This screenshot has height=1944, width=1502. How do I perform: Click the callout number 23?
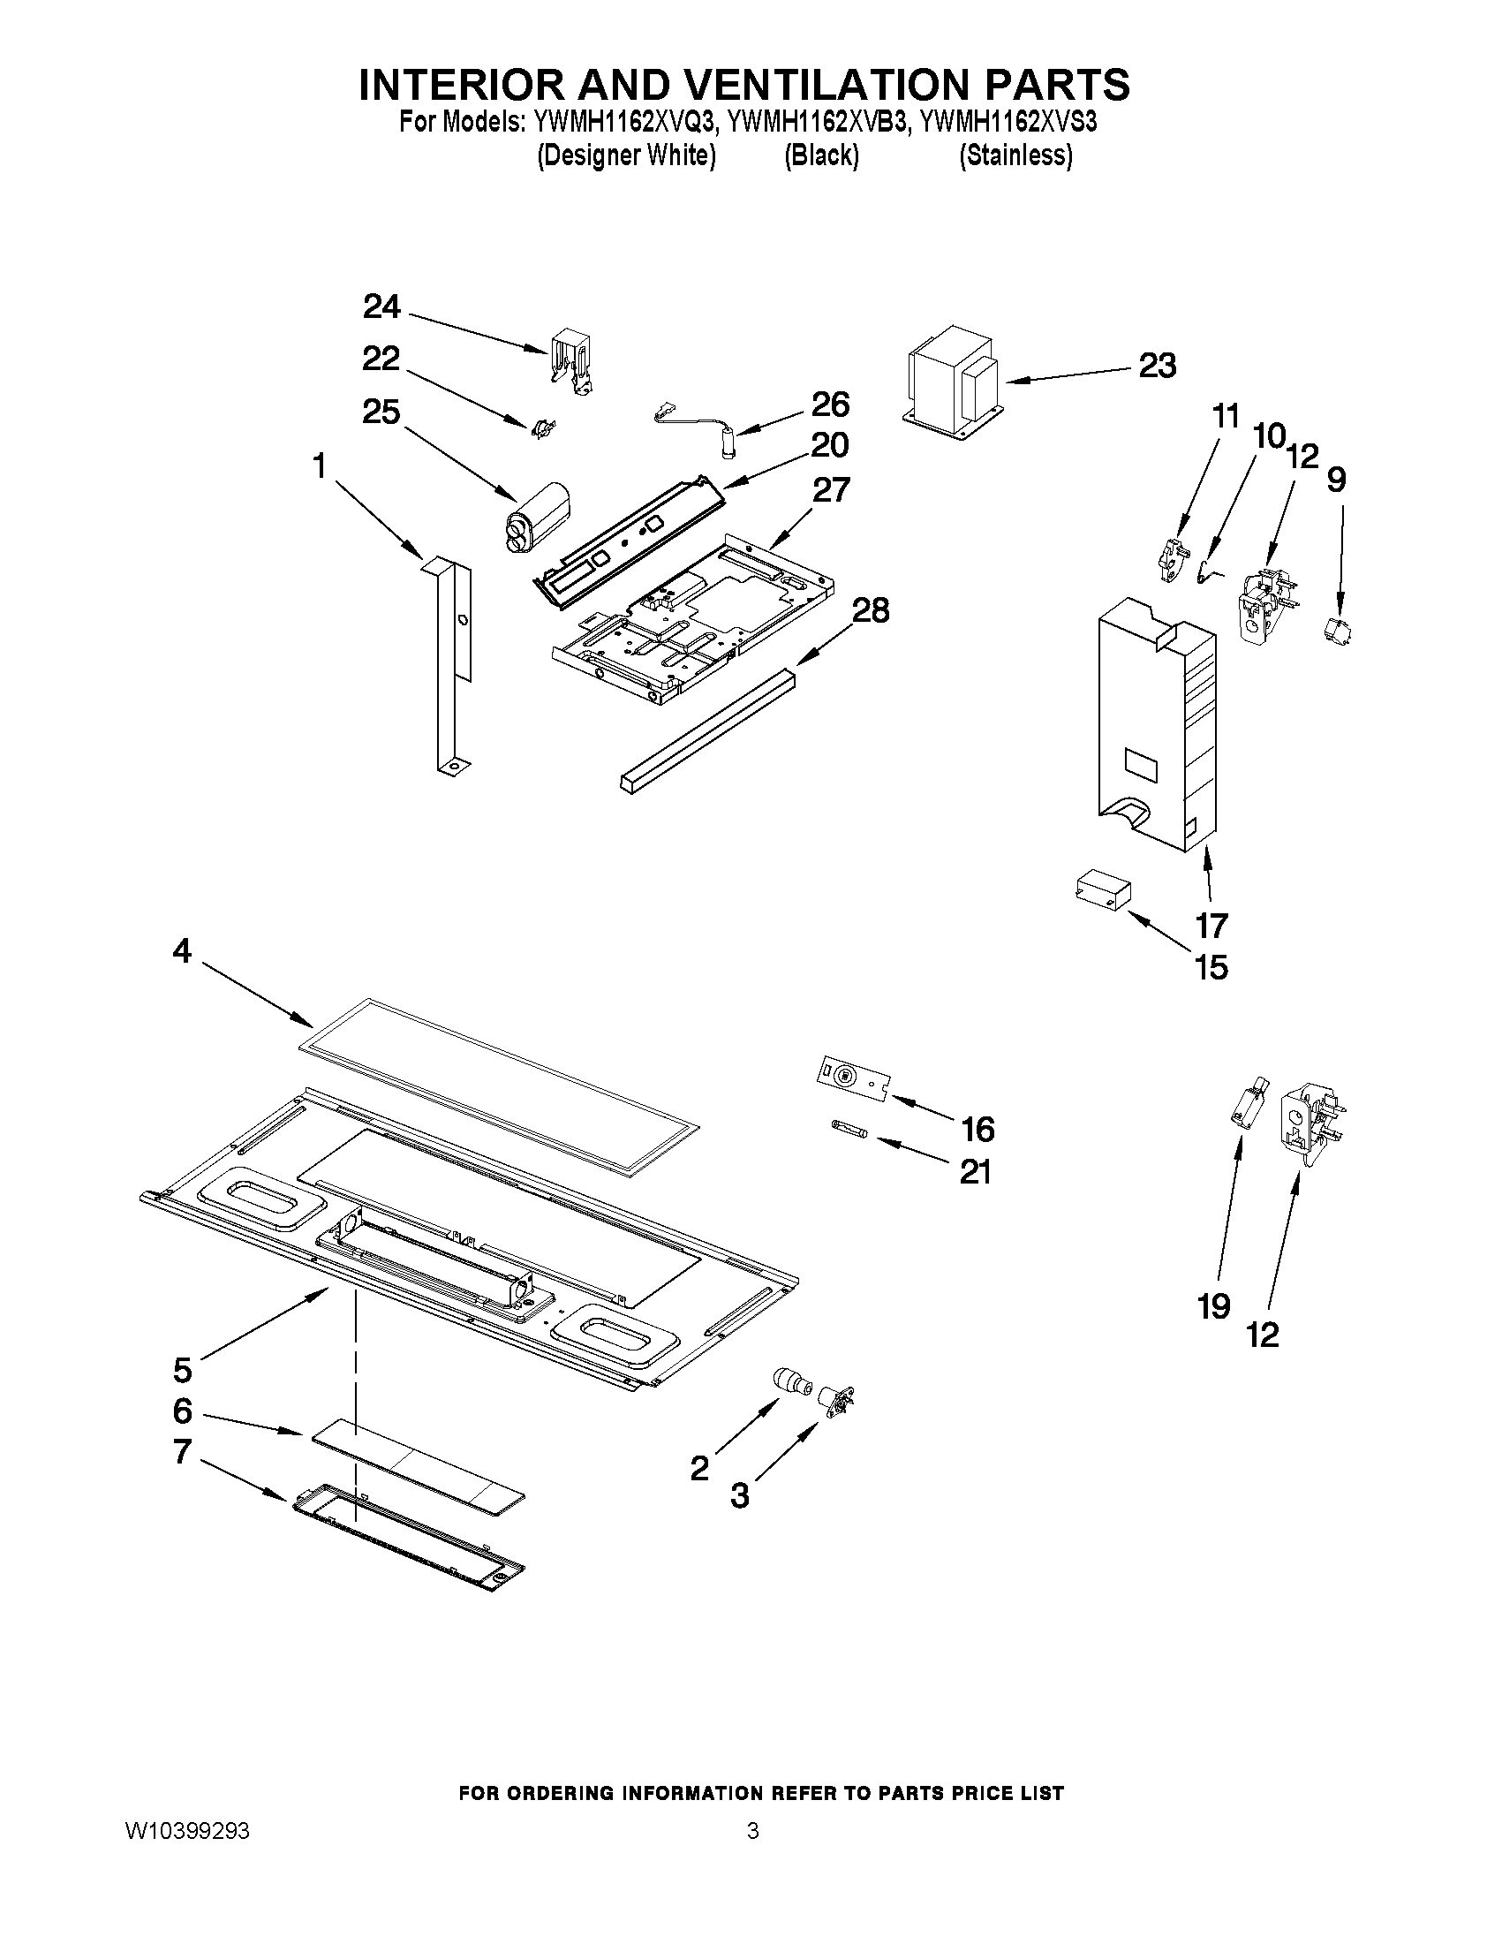pyautogui.click(x=1158, y=366)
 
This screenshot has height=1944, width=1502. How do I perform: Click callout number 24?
pyautogui.click(x=381, y=308)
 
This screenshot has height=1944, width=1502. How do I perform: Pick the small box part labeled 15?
pyautogui.click(x=1102, y=891)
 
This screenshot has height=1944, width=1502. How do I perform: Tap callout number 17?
pyautogui.click(x=1211, y=926)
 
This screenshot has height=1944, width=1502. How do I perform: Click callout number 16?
pyautogui.click(x=977, y=1130)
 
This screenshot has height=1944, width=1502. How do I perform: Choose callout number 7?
pyautogui.click(x=183, y=1452)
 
